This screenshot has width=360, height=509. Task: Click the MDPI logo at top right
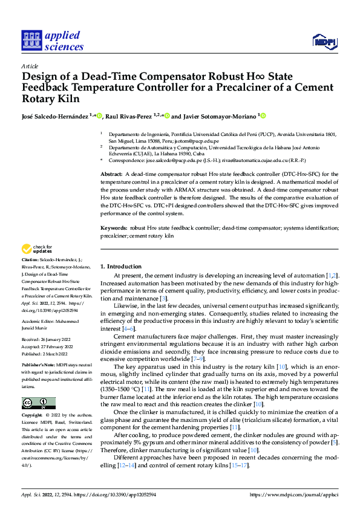pyautogui.click(x=324, y=41)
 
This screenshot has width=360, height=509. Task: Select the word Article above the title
pyautogui.click(x=30, y=66)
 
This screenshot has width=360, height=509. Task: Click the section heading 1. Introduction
pyautogui.click(x=120, y=267)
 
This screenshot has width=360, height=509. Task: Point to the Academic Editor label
pyautogui.click(x=41, y=321)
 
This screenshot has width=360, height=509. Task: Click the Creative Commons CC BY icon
pyautogui.click(x=38, y=403)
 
